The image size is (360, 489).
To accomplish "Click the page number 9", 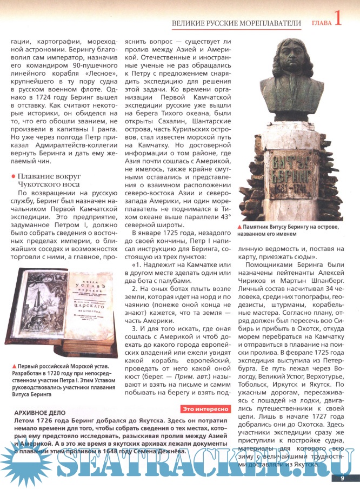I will pyautogui.click(x=342, y=478).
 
